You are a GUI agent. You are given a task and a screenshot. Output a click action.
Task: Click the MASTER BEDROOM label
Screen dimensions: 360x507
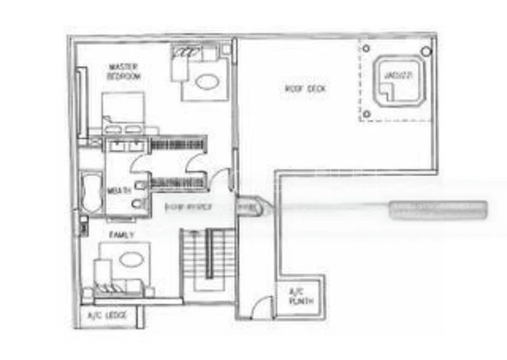[x=124, y=71]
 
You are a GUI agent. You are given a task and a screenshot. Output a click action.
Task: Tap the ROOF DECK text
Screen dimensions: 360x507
[x=305, y=89]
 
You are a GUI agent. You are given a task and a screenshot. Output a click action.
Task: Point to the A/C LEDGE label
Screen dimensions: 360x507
[x=107, y=315]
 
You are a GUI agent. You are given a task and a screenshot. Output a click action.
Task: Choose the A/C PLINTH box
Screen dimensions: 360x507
[x=301, y=297]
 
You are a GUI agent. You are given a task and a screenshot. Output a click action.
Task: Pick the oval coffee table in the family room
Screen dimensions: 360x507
[x=130, y=259]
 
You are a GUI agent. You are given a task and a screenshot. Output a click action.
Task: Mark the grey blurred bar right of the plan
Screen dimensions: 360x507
[x=439, y=210]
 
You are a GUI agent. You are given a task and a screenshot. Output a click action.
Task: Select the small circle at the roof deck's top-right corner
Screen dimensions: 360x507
[x=426, y=50]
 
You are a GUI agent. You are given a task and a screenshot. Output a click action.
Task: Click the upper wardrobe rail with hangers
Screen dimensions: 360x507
[x=178, y=145]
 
